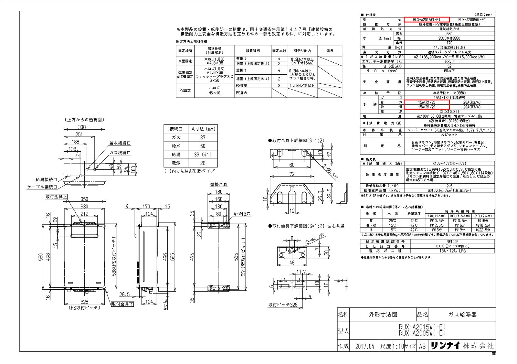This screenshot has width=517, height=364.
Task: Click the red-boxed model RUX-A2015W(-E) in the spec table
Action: point(427,20)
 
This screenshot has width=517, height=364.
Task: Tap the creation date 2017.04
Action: point(364,347)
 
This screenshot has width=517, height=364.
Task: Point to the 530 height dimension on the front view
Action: point(41,257)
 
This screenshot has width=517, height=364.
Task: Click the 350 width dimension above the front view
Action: point(84,199)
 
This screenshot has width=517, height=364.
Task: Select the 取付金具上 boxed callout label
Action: point(56,197)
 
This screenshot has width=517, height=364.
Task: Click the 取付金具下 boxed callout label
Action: point(122,304)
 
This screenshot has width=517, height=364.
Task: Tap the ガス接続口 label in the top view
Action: point(120,153)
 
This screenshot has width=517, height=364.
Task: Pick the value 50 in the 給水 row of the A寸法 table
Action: point(203,146)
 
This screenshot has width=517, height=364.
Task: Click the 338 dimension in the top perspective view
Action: point(82,127)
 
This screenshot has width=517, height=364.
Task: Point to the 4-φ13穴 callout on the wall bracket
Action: point(242,214)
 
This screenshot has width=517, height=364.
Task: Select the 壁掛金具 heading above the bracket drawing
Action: point(218,185)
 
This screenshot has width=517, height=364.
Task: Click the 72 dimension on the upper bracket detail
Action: point(291,174)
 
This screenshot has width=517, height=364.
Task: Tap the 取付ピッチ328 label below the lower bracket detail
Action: point(283,305)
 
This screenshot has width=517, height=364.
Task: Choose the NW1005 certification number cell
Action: point(452,241)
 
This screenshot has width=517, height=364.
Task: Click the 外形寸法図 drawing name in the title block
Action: point(383,315)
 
